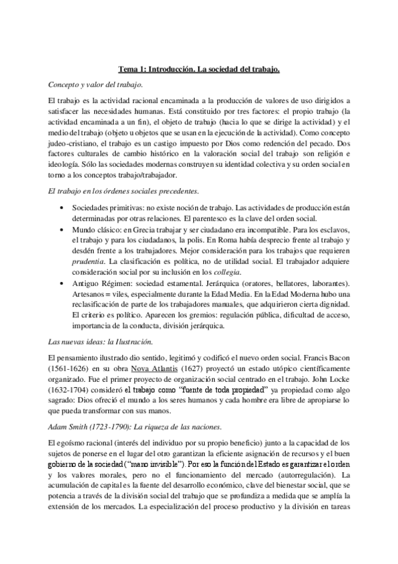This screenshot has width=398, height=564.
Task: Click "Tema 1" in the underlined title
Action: coord(132,69)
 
